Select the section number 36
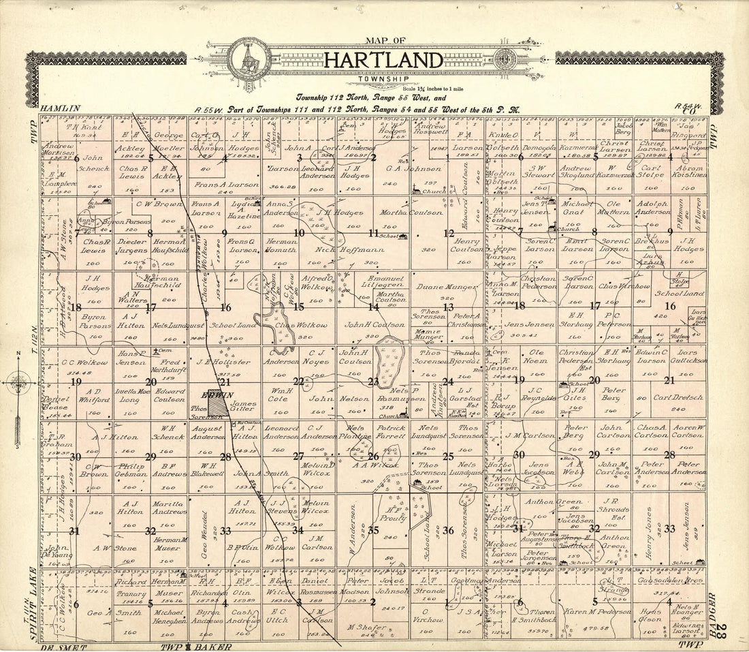(447, 531)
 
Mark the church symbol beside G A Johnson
(416, 191)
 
